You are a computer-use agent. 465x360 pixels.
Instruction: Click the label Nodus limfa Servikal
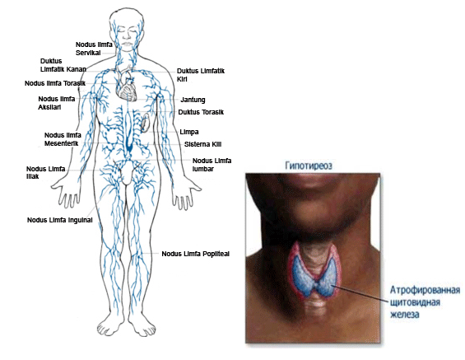point(94,49)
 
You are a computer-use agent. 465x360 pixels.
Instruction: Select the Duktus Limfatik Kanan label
point(63,65)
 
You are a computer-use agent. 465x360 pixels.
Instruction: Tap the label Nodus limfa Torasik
point(55,83)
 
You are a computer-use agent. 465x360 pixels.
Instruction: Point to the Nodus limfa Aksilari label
point(57,103)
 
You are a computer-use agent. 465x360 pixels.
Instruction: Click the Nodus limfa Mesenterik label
point(63,139)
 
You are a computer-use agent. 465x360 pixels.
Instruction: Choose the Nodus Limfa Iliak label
point(45,173)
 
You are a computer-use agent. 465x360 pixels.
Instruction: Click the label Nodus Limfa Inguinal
point(59,220)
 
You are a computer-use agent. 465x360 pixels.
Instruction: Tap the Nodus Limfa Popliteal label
point(195,254)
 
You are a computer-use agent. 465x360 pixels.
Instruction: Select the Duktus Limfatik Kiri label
point(201,75)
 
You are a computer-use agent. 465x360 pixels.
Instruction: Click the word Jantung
point(193,100)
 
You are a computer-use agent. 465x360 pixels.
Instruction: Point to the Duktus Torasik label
point(201,112)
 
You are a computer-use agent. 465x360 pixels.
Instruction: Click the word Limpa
point(189,132)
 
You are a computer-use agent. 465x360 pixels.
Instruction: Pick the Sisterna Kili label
point(202,144)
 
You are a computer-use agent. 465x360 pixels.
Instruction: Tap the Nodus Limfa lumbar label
point(212,165)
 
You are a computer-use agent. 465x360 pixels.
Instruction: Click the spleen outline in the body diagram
point(145,122)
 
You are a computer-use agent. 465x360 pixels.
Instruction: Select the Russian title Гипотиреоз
point(309,166)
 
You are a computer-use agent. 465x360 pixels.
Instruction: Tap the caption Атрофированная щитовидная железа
point(425,302)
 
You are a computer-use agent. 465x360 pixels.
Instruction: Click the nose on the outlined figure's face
point(127,35)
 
